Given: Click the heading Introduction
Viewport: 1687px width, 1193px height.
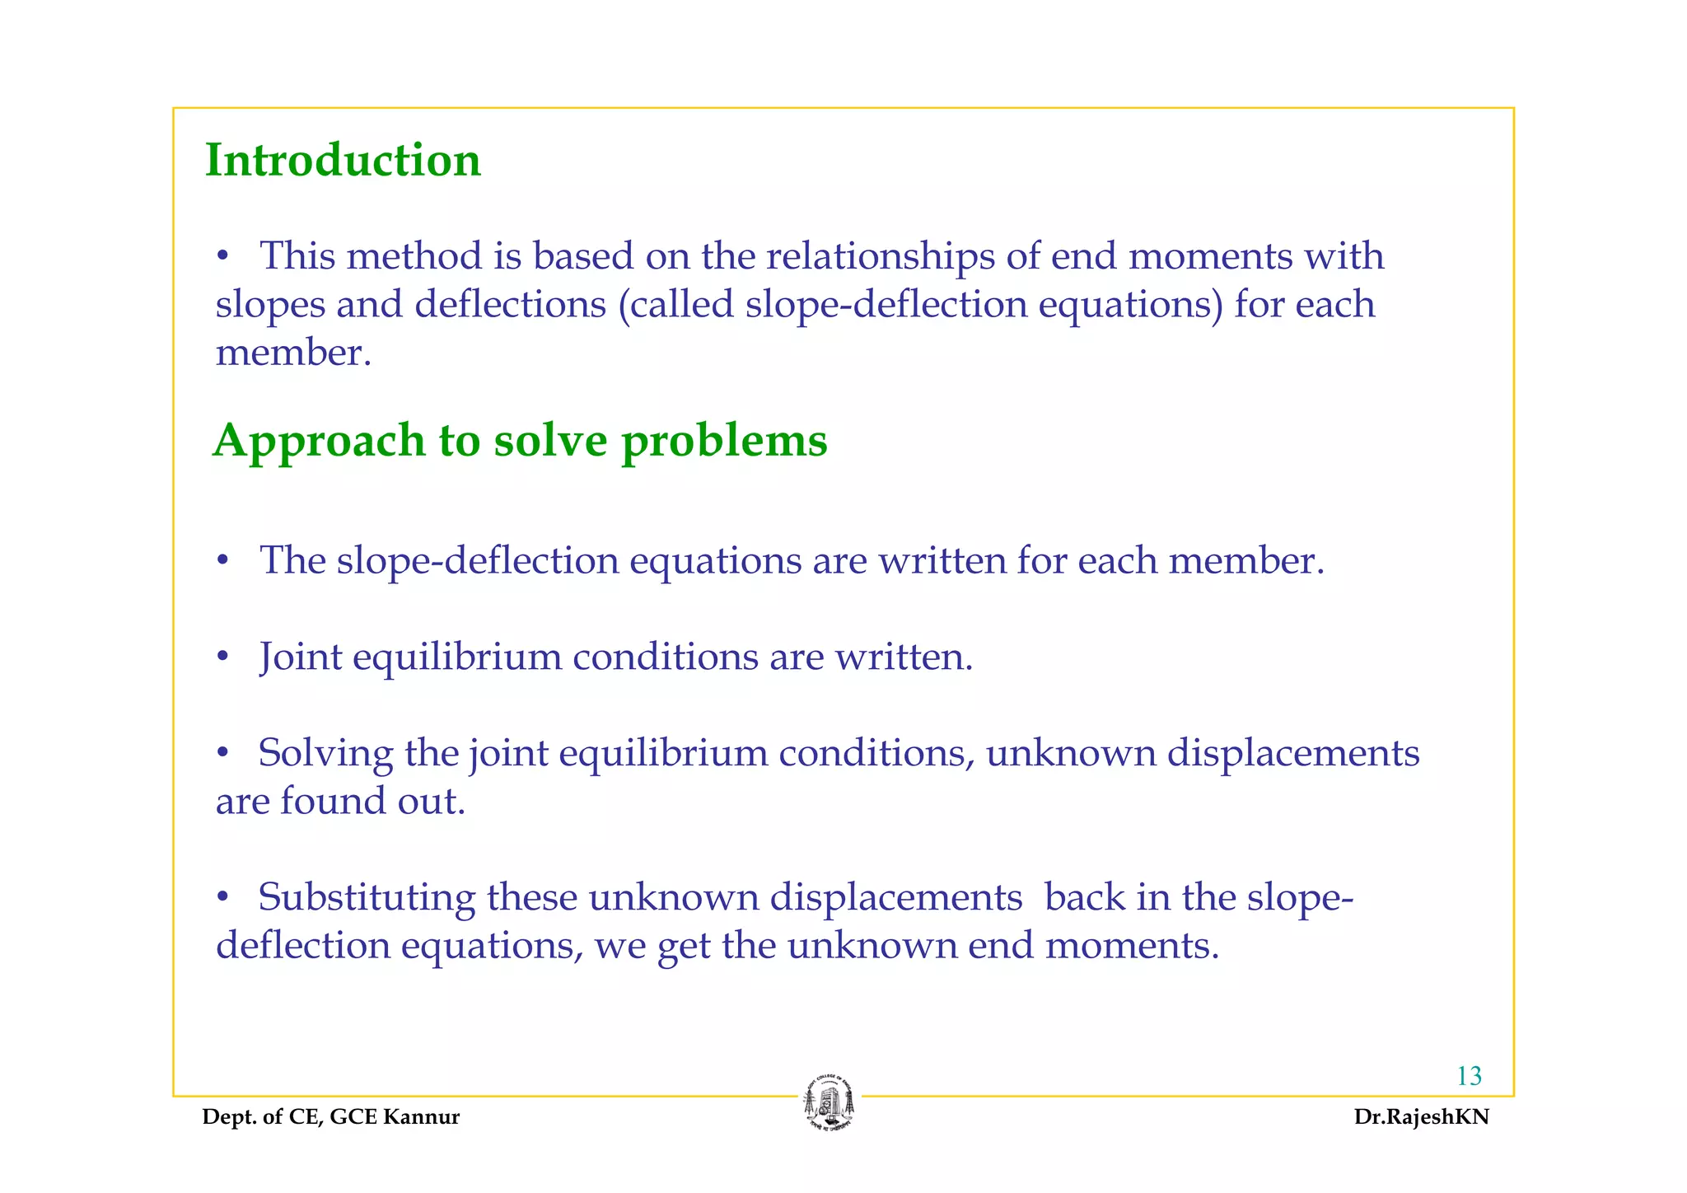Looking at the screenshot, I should click(343, 160).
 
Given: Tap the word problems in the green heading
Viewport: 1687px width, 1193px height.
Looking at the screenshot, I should click(724, 441).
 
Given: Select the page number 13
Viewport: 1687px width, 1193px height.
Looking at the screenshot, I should click(1469, 1076).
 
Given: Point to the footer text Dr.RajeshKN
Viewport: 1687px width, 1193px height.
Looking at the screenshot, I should click(1421, 1117).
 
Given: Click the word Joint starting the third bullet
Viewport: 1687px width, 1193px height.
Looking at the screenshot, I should click(301, 657).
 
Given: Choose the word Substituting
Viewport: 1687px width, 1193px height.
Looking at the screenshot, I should click(367, 897).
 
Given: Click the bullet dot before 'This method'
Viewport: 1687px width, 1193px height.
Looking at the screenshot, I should click(222, 257).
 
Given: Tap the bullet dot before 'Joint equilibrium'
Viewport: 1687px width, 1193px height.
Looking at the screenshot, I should click(222, 657).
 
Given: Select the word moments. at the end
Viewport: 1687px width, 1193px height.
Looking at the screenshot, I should click(1132, 946).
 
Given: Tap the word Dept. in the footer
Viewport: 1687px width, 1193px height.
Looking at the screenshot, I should click(225, 1117).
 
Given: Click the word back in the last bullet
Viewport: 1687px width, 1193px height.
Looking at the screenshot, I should click(1085, 897).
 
